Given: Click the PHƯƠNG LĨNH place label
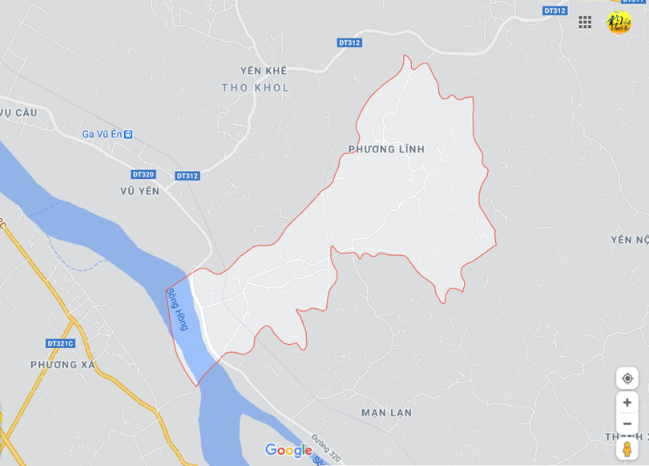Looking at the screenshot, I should point(386,149).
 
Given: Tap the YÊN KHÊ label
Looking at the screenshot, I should point(263,71).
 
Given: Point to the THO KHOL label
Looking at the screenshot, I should point(255,87).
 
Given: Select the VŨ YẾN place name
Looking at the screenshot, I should point(139,191).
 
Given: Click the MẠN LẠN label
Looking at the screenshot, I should point(386,412).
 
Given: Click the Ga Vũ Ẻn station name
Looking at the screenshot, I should point(101,134).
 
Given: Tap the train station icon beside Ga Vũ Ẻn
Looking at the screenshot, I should point(128,134).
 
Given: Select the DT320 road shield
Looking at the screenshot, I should point(143,174).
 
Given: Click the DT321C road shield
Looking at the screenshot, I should point(60,343).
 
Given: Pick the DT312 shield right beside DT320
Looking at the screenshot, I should point(187,176).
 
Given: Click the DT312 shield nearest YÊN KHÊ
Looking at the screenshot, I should point(349,43).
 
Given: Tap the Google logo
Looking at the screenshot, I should point(288,450).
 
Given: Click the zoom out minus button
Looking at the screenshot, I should point(627,423).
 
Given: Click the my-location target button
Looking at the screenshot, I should point(627,378).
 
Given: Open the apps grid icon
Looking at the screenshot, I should point(585,22).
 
